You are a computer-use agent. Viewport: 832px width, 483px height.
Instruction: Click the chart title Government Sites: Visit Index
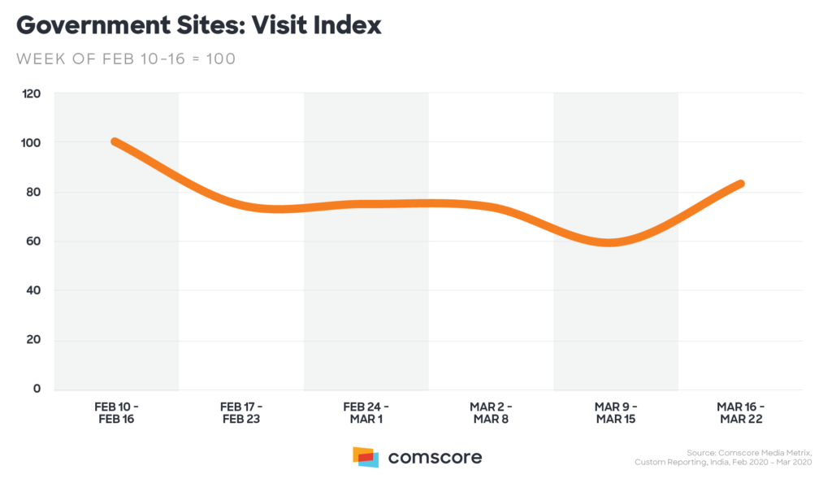click(x=198, y=25)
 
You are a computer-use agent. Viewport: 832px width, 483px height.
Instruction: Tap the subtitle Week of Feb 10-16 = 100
click(x=126, y=59)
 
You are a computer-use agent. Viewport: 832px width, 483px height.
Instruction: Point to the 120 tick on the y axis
click(x=31, y=94)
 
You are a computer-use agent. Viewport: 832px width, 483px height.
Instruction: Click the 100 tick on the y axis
click(x=31, y=142)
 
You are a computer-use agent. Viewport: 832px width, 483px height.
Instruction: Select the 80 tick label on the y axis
click(x=33, y=192)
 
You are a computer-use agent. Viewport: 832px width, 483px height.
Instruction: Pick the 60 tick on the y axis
click(x=33, y=241)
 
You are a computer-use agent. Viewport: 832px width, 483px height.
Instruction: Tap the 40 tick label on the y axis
click(x=33, y=290)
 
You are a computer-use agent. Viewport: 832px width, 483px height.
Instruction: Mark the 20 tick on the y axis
click(x=33, y=339)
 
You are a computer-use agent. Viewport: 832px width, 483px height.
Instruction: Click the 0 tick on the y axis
click(x=37, y=389)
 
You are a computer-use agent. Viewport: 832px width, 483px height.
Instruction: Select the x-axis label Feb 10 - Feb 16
click(x=117, y=412)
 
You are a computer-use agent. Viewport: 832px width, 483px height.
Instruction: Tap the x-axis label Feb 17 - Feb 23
click(x=241, y=412)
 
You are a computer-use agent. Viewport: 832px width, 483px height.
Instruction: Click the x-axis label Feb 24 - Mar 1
click(x=366, y=412)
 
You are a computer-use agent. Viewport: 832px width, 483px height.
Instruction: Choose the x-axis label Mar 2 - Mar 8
click(x=491, y=412)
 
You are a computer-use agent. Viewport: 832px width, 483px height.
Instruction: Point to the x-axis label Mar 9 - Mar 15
click(x=615, y=412)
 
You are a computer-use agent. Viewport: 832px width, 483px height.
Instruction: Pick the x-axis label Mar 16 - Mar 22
click(x=740, y=412)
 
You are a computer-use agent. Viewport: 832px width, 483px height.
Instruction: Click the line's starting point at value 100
click(x=115, y=142)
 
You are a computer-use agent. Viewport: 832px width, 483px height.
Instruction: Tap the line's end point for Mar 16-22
click(x=740, y=184)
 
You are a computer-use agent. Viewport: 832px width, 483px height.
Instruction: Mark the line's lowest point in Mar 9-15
click(x=609, y=242)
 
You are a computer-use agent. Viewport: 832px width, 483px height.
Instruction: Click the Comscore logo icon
click(x=366, y=456)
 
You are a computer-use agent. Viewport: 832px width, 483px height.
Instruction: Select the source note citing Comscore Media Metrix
click(x=727, y=457)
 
